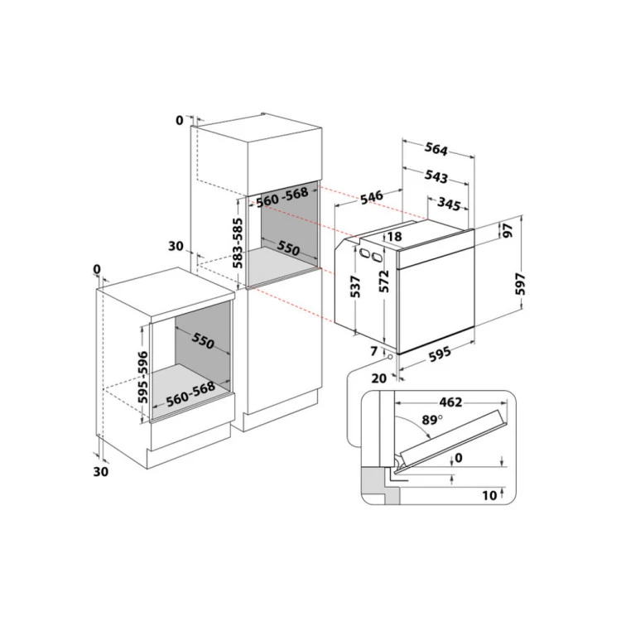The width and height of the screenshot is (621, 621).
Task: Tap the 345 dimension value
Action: click(449, 203)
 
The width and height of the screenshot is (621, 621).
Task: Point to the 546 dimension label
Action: click(372, 197)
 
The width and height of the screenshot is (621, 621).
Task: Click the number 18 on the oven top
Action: click(394, 238)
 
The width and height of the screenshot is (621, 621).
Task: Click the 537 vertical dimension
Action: click(356, 286)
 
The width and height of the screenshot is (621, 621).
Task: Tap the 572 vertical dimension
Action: click(383, 286)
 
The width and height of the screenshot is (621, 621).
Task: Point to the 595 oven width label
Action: click(440, 354)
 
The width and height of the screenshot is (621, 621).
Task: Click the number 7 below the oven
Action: click(374, 352)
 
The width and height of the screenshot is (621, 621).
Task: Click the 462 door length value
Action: click(450, 402)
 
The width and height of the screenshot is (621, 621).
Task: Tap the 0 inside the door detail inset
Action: click(458, 457)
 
